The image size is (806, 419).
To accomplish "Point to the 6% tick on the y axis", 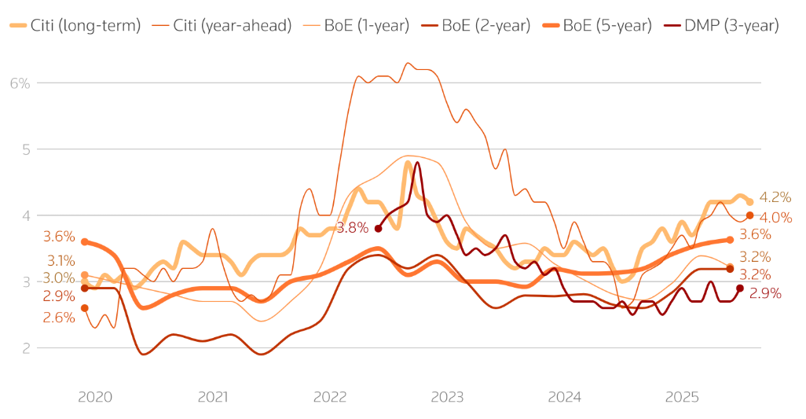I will click(19, 83).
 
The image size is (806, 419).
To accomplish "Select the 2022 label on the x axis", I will click(330, 398).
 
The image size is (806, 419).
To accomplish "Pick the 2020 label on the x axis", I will click(95, 398).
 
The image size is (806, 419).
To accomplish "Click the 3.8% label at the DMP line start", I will click(351, 228).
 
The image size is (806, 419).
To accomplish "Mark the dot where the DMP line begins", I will click(378, 228).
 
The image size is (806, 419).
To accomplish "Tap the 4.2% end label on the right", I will click(775, 197).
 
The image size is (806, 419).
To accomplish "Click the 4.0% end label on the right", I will click(775, 217).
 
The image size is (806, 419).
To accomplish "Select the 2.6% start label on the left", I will click(59, 318).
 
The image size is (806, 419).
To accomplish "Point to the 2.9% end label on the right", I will click(766, 293).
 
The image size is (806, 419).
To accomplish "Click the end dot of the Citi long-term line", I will click(749, 202).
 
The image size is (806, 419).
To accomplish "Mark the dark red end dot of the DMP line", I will click(740, 289).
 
